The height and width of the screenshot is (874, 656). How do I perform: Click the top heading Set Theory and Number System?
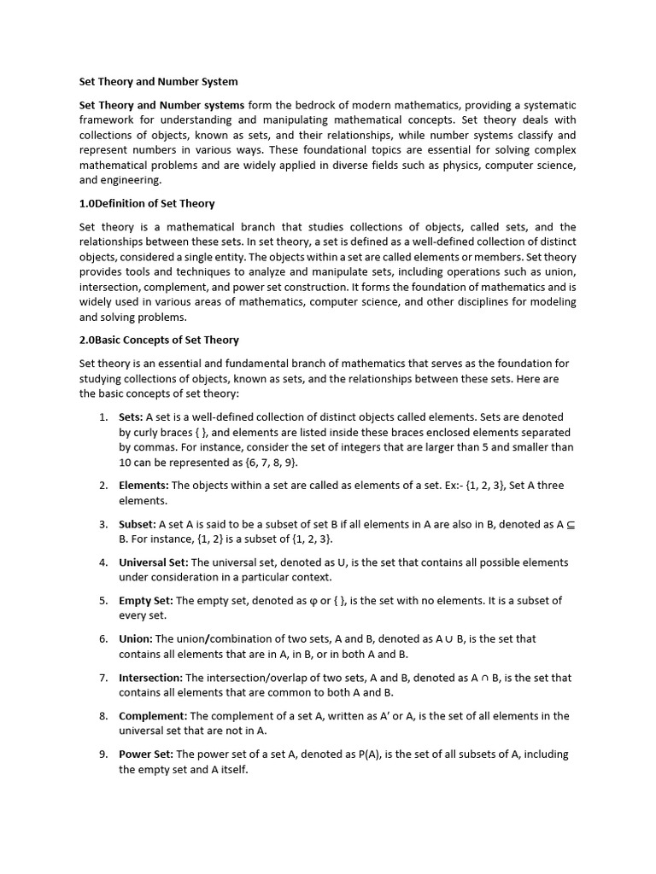(158, 82)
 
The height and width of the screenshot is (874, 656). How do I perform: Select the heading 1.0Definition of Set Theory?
(147, 204)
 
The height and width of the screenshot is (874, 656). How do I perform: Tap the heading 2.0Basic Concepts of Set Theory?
(159, 340)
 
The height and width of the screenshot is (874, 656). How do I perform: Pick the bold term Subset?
(138, 524)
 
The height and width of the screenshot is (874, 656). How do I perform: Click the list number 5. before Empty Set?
(102, 601)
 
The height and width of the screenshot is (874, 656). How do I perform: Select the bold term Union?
(136, 639)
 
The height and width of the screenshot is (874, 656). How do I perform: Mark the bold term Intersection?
(150, 678)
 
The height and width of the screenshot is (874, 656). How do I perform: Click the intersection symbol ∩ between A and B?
(483, 678)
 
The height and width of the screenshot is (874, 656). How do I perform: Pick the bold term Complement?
(153, 716)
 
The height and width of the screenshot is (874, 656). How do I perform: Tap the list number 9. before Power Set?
(102, 755)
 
